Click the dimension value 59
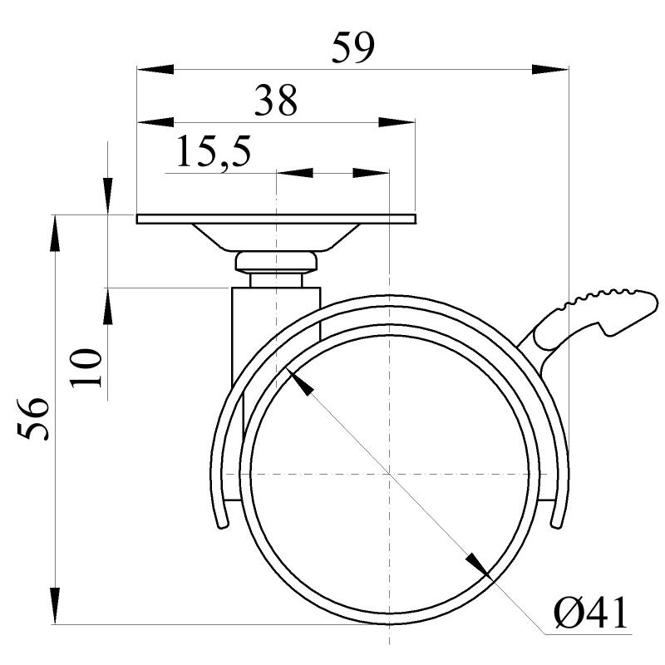[353, 48]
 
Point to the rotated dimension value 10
[86, 367]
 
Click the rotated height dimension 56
[34, 419]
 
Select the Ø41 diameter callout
[590, 615]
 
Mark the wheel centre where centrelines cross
[388, 474]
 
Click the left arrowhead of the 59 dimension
[155, 68]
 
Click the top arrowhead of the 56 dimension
[55, 233]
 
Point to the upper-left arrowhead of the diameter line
[299, 382]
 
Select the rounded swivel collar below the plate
[276, 263]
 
